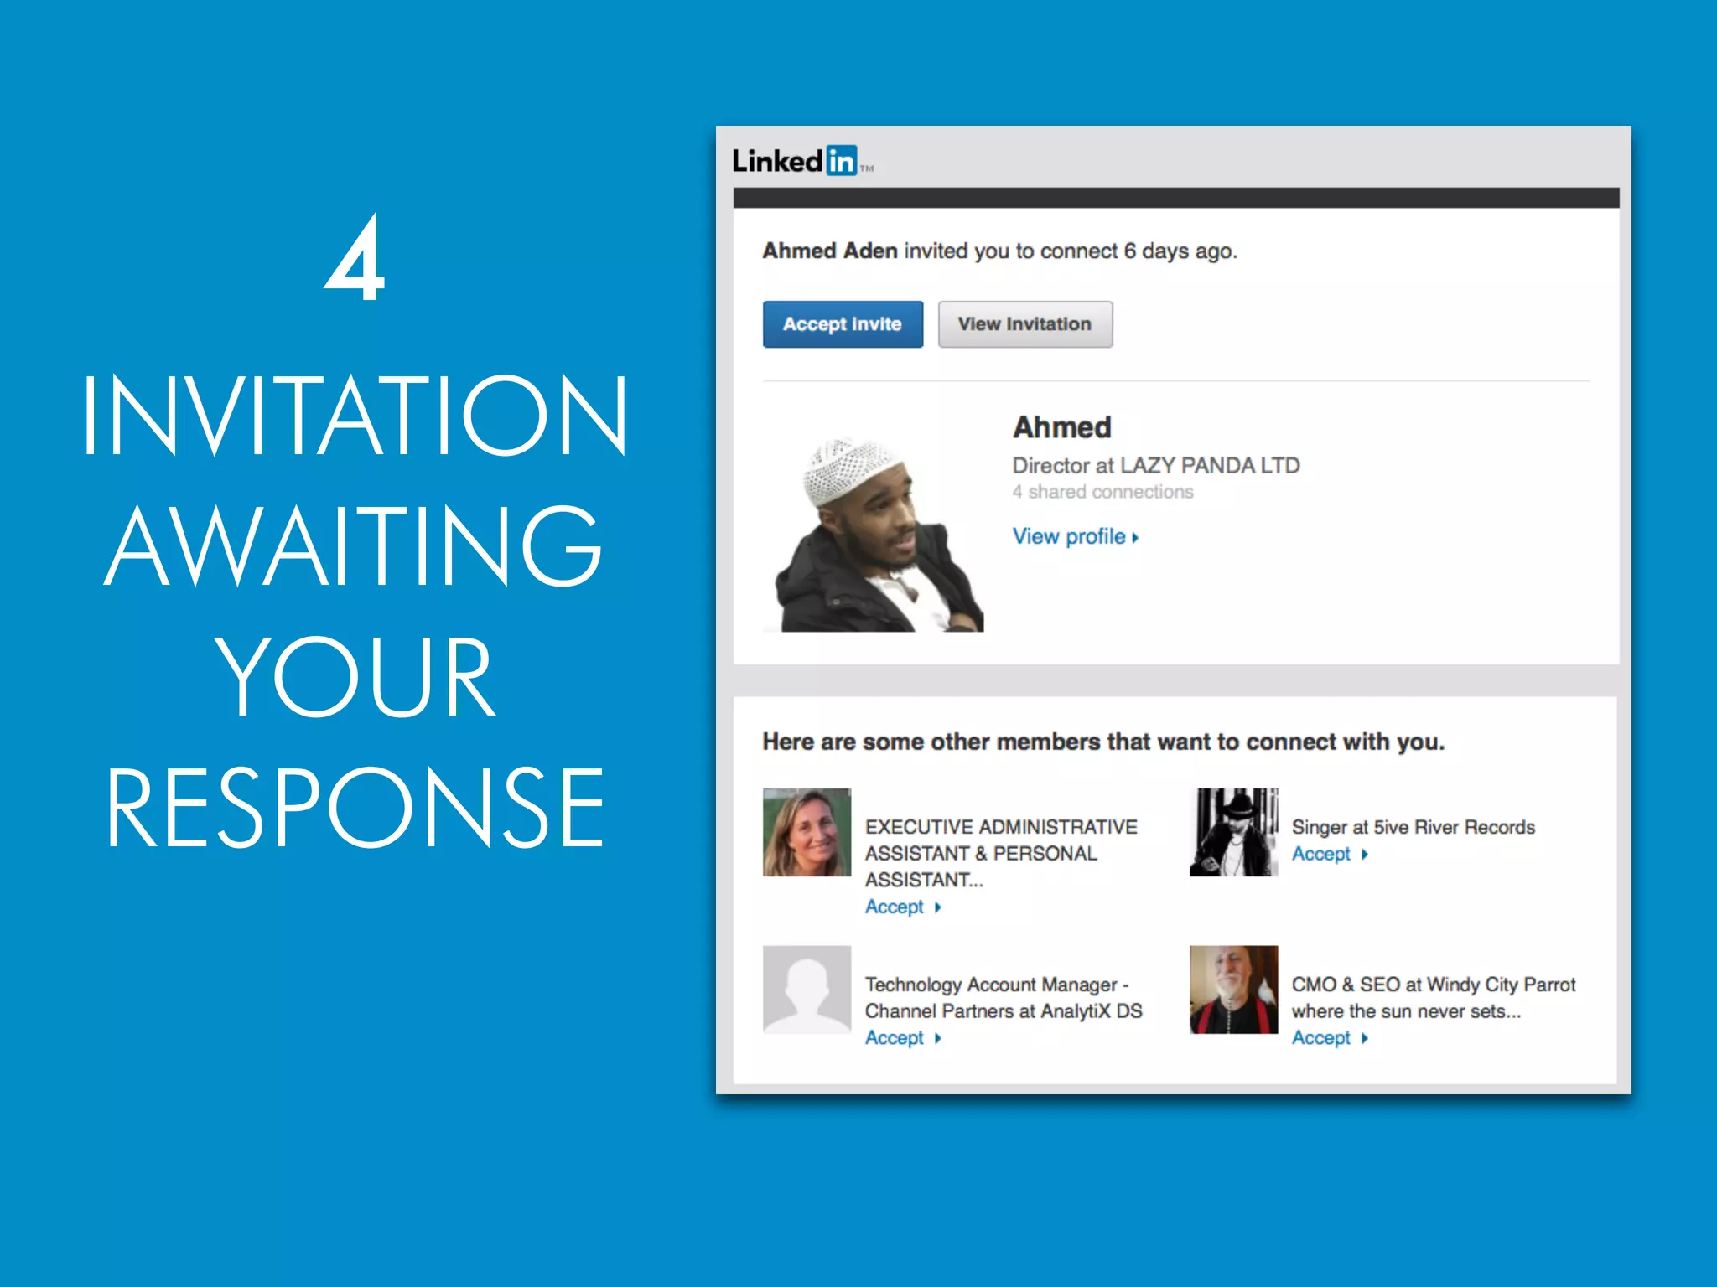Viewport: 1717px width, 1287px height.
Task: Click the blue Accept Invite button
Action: [x=843, y=324]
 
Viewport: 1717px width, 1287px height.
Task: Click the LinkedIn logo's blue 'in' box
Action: [x=841, y=160]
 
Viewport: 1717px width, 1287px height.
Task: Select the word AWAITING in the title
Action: [x=355, y=545]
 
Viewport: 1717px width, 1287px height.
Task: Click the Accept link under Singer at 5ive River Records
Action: [x=1322, y=854]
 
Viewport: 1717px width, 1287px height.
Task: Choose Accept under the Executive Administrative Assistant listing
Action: [x=895, y=907]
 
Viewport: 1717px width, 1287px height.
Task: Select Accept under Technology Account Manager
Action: [x=895, y=1038]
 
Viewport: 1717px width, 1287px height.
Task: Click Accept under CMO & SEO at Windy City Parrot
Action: [x=1322, y=1038]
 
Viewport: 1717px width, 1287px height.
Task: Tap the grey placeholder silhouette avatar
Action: [x=807, y=990]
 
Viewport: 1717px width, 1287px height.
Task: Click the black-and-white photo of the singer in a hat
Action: [x=1233, y=832]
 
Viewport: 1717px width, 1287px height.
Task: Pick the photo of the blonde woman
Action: [x=807, y=832]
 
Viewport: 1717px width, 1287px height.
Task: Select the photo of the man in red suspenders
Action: [x=1233, y=990]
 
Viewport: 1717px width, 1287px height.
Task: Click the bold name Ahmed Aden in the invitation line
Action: [x=830, y=251]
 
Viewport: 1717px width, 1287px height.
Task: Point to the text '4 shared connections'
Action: [x=1102, y=492]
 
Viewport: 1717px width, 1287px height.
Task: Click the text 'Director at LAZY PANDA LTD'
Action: [x=1155, y=465]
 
